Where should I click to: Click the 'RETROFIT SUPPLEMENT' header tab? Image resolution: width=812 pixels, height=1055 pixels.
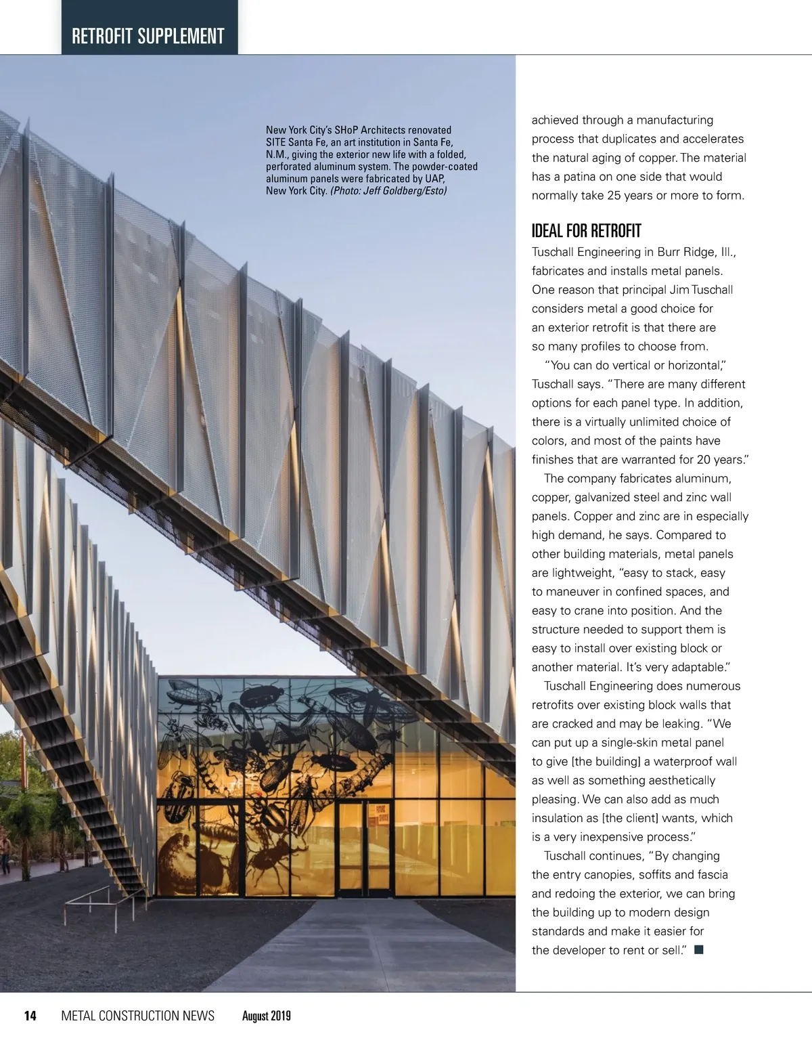coord(148,35)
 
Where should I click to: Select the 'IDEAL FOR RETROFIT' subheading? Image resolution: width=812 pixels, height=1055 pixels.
coord(586,231)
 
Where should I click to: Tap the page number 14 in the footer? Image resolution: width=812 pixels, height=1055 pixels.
coord(30,1015)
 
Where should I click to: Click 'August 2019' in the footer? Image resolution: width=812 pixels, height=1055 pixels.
coord(266,1016)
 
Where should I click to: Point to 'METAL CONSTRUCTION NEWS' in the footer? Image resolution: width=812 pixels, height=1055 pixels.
coord(137,1015)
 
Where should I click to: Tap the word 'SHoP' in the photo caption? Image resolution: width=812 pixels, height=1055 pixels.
coord(347,130)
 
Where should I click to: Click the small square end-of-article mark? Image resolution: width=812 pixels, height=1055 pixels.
coord(699,950)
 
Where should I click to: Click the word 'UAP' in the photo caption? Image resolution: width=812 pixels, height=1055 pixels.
coord(434,179)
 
